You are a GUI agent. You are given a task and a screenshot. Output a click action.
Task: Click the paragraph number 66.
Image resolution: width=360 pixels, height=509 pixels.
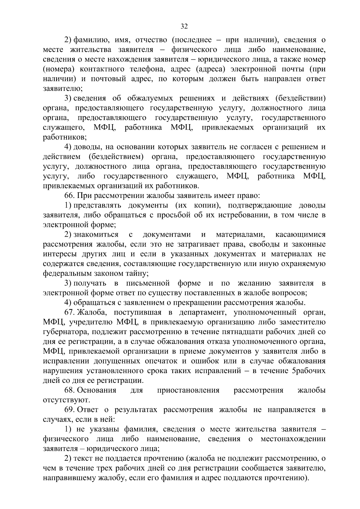pos(70,196)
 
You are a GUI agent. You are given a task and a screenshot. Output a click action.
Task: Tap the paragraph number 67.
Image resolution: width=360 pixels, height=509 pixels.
pos(70,313)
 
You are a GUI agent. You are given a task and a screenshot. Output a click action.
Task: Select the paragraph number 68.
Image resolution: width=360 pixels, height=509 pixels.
pos(70,390)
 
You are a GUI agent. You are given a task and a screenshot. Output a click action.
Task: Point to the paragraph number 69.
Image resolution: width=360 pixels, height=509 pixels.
pos(70,410)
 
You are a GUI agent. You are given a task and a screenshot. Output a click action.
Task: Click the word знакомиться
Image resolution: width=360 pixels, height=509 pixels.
pos(96,235)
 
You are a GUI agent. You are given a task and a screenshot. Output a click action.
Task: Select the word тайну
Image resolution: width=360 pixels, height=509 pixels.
pos(137,274)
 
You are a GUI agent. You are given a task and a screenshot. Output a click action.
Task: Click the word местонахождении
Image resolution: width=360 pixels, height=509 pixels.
pos(293,439)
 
